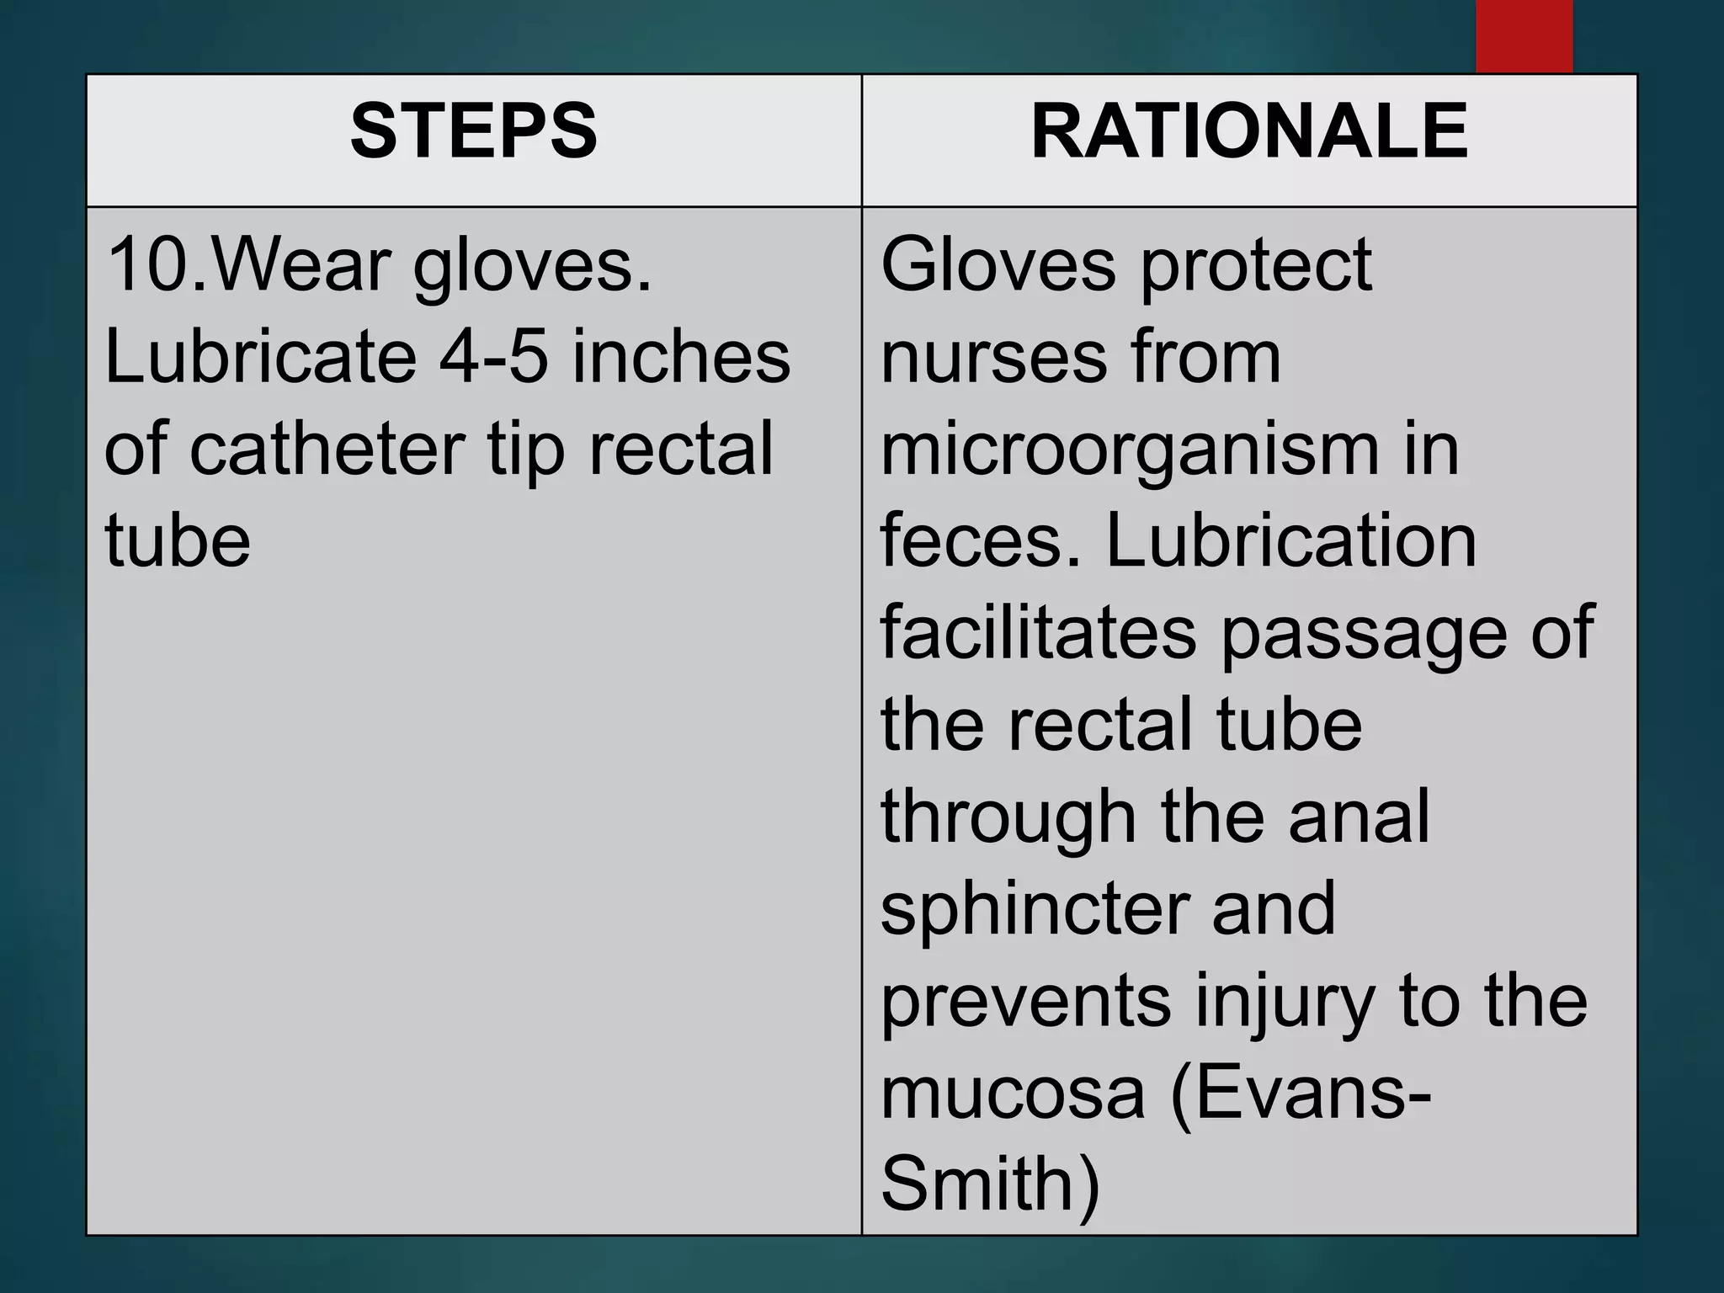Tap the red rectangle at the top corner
point(1524,35)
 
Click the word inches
point(682,357)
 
